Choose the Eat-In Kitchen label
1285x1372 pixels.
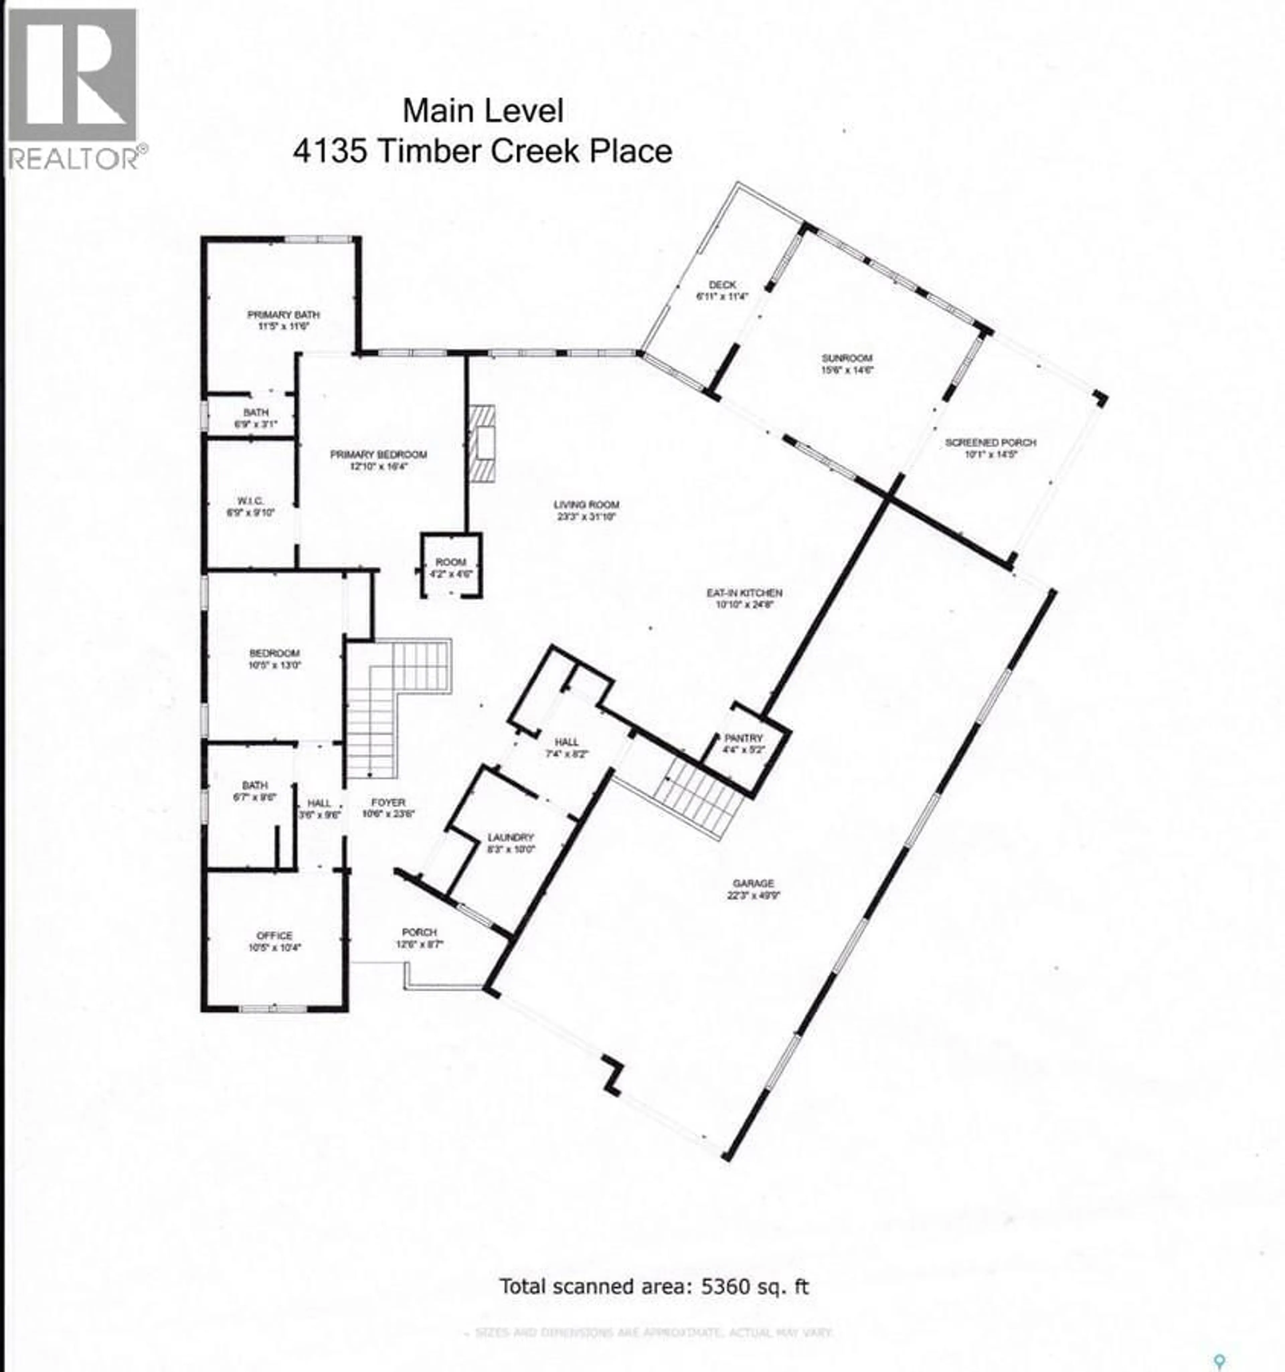(x=744, y=598)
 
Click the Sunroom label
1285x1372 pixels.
(x=847, y=363)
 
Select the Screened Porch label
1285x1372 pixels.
(x=990, y=447)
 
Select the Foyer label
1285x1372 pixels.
(x=388, y=807)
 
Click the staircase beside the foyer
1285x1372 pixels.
(x=387, y=697)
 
